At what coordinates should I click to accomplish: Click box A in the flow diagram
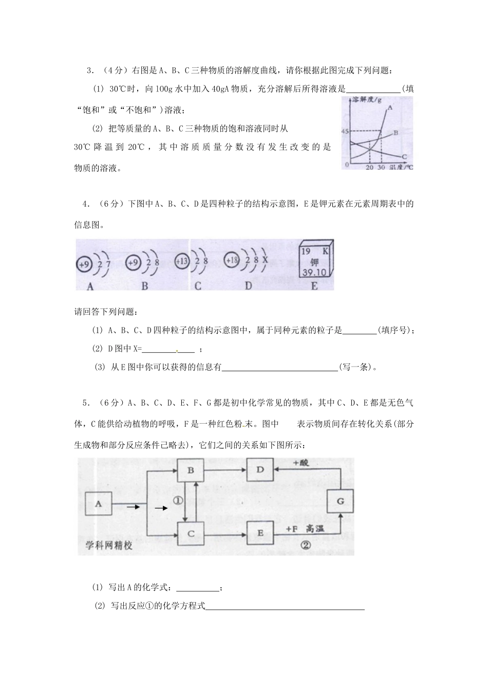(x=99, y=504)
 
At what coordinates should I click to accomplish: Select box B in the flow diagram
(x=191, y=469)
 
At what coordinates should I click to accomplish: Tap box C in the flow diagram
(x=191, y=534)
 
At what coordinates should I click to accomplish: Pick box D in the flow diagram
(x=260, y=469)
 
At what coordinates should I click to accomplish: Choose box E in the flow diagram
(x=260, y=533)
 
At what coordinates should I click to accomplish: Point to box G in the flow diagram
(x=340, y=500)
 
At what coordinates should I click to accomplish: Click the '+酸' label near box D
(x=302, y=462)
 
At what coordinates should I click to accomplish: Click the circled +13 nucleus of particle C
(x=182, y=261)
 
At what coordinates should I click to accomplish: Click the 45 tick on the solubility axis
(x=345, y=132)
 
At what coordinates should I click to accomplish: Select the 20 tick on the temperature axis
(x=369, y=168)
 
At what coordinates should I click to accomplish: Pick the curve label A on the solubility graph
(x=390, y=108)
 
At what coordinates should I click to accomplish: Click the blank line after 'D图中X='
(x=168, y=349)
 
